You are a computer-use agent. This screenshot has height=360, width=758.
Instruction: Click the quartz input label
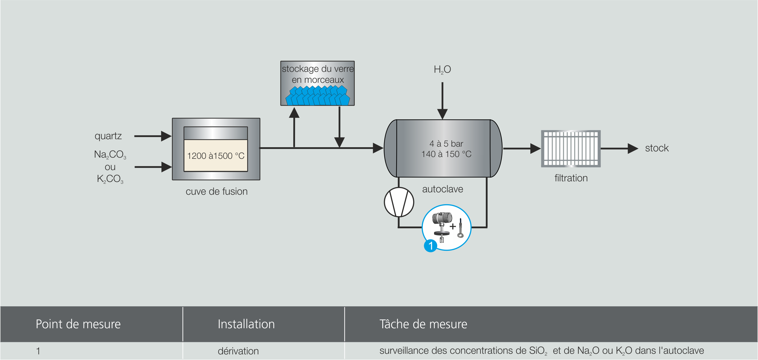(x=108, y=136)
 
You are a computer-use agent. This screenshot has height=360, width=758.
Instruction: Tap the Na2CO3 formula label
(x=110, y=155)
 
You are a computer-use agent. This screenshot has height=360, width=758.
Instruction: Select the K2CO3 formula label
(x=110, y=179)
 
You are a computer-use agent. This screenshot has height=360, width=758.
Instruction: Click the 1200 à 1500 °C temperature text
(x=216, y=156)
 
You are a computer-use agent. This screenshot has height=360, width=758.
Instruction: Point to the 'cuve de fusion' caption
(x=217, y=191)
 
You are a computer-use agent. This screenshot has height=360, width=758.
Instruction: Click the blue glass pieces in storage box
(x=318, y=96)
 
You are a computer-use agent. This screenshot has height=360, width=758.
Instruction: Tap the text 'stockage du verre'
(x=318, y=69)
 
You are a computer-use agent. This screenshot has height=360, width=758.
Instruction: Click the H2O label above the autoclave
(x=442, y=69)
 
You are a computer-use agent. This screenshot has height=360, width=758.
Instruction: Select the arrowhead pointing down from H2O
(x=442, y=114)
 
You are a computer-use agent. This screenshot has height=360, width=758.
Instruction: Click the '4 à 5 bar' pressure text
(x=446, y=144)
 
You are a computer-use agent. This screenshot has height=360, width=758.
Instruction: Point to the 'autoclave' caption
(x=443, y=189)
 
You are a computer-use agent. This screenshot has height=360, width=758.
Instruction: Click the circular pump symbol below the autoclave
(x=399, y=202)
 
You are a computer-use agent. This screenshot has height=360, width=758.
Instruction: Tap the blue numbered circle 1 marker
(x=431, y=246)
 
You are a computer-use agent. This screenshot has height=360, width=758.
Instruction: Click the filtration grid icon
(x=571, y=148)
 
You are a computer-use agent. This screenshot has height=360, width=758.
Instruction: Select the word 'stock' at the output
(x=657, y=148)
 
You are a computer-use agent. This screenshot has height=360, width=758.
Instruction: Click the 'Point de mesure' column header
(x=78, y=324)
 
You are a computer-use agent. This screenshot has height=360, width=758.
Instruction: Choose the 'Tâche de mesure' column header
(x=423, y=324)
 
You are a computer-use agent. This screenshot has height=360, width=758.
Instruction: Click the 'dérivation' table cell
(x=238, y=351)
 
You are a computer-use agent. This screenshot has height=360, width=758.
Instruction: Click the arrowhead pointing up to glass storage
(x=294, y=113)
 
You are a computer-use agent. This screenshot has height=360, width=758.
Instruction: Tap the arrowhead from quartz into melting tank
(x=166, y=136)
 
